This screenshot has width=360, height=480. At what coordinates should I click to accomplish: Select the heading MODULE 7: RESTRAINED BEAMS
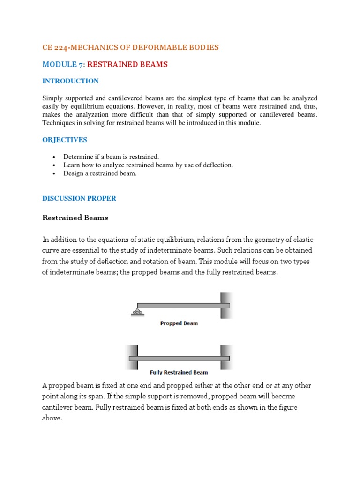pyautogui.click(x=105, y=64)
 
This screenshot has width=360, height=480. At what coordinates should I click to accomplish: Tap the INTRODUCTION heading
pyautogui.click(x=70, y=81)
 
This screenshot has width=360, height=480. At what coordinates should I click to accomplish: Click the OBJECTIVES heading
pyautogui.click(x=65, y=140)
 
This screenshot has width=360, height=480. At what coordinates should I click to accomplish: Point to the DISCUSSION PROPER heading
pyautogui.click(x=79, y=198)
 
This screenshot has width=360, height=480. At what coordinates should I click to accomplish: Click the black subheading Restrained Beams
pyautogui.click(x=75, y=217)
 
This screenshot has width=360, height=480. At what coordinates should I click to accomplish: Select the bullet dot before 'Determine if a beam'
pyautogui.click(x=55, y=157)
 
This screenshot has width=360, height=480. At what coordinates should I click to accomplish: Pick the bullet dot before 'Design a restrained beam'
pyautogui.click(x=55, y=174)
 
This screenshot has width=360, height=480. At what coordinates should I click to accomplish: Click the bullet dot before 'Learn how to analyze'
pyautogui.click(x=55, y=165)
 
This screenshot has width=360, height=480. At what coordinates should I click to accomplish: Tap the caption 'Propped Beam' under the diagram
pyautogui.click(x=179, y=323)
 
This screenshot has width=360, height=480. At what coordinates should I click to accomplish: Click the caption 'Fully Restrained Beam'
pyautogui.click(x=179, y=373)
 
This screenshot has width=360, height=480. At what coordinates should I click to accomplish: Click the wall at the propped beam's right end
pyautogui.click(x=226, y=305)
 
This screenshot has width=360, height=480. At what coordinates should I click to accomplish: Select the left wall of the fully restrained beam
pyautogui.click(x=132, y=357)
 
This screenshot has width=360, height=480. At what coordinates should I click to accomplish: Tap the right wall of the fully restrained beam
pyautogui.click(x=226, y=357)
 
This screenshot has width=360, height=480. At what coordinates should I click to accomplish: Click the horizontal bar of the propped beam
pyautogui.click(x=183, y=306)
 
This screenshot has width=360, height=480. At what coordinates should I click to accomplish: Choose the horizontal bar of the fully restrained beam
pyautogui.click(x=179, y=359)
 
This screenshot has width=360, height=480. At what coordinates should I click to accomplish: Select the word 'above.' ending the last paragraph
pyautogui.click(x=52, y=418)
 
